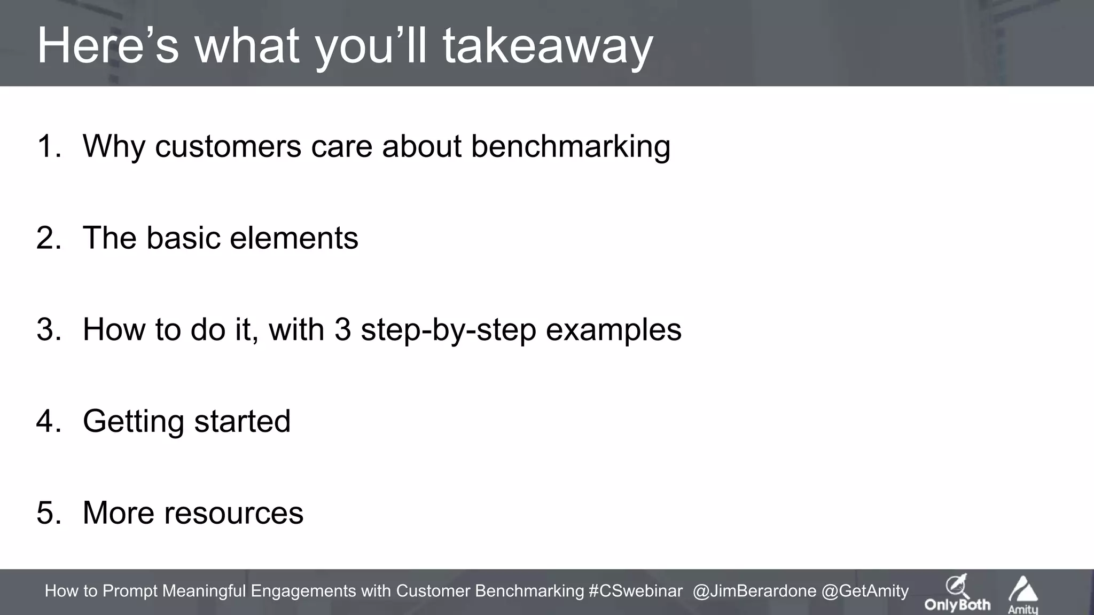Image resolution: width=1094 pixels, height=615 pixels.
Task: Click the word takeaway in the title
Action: click(x=548, y=47)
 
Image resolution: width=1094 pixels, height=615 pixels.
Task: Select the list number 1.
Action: click(x=49, y=146)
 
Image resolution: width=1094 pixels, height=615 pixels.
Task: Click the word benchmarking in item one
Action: click(x=571, y=147)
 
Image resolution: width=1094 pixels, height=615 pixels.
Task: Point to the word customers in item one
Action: click(x=228, y=147)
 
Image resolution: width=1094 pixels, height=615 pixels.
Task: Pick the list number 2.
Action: click(x=49, y=238)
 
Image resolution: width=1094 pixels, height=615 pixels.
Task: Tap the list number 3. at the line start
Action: click(x=49, y=329)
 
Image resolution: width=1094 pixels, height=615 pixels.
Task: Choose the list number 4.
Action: click(x=49, y=421)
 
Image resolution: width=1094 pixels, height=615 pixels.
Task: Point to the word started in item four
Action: click(x=243, y=421)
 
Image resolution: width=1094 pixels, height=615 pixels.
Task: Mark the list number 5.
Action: click(x=49, y=513)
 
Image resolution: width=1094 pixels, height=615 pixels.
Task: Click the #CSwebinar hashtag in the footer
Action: click(x=635, y=591)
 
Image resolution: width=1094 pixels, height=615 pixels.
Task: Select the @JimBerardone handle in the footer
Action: click(x=754, y=591)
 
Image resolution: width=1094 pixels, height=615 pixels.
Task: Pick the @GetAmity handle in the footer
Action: click(x=865, y=591)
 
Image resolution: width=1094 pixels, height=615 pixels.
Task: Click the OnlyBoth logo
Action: click(x=957, y=594)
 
